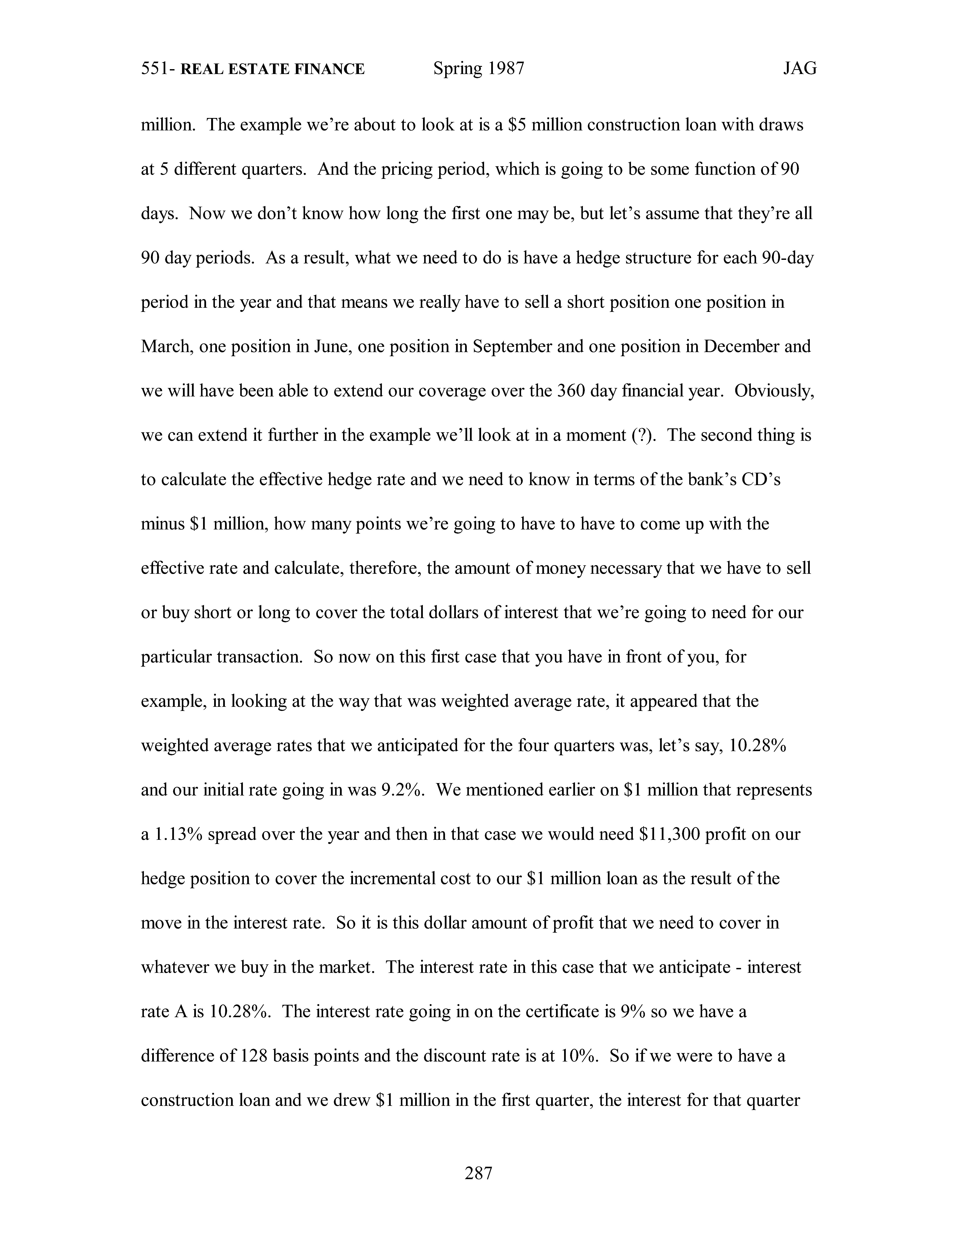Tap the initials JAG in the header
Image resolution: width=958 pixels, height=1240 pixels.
(x=800, y=69)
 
